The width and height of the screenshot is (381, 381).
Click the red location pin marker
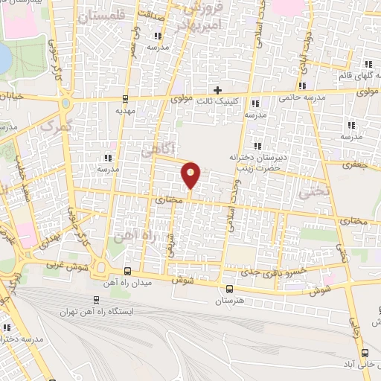click(191, 175)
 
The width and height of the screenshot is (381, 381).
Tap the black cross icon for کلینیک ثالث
click(217, 90)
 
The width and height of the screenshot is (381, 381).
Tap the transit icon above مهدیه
click(124, 97)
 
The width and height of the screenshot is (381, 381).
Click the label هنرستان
click(229, 301)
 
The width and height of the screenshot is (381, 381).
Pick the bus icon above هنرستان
click(229, 289)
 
